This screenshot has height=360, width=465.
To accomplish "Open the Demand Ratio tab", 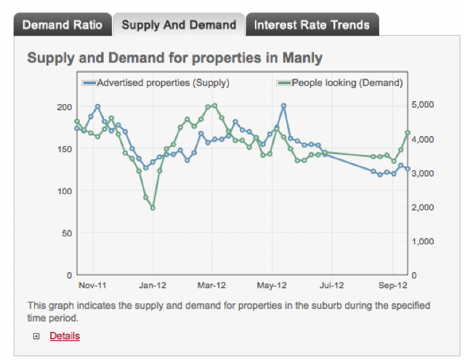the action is coord(62,25).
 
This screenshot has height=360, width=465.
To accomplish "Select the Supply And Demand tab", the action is coord(179,25).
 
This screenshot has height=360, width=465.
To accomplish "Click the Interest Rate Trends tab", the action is coord(312,25).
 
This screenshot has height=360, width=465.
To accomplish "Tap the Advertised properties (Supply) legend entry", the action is coord(156,83).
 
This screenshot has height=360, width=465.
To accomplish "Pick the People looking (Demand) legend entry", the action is coord(340,83).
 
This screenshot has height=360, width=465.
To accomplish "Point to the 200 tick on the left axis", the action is coord(65,107).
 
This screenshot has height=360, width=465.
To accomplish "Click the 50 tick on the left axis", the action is coord(67,233).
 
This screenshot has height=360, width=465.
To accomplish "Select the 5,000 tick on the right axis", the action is coord(423,105).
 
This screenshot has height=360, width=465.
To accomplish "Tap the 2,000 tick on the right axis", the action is coord(423,207).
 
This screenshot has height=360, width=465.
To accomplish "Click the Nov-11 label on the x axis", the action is coord(92,286).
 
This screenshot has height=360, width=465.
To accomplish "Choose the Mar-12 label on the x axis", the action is coord(211,286).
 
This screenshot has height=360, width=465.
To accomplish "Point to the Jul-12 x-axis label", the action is coord(331,286).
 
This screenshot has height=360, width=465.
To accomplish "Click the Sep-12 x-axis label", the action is coord(393,286).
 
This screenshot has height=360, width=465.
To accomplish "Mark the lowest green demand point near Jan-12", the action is coord(153,208).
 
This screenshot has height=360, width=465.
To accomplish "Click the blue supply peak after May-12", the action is coord(284,105).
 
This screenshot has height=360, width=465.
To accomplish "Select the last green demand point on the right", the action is coord(408,132).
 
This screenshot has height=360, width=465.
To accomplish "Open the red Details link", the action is coord(65,336).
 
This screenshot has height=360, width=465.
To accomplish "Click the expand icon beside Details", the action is coord(36,336).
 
